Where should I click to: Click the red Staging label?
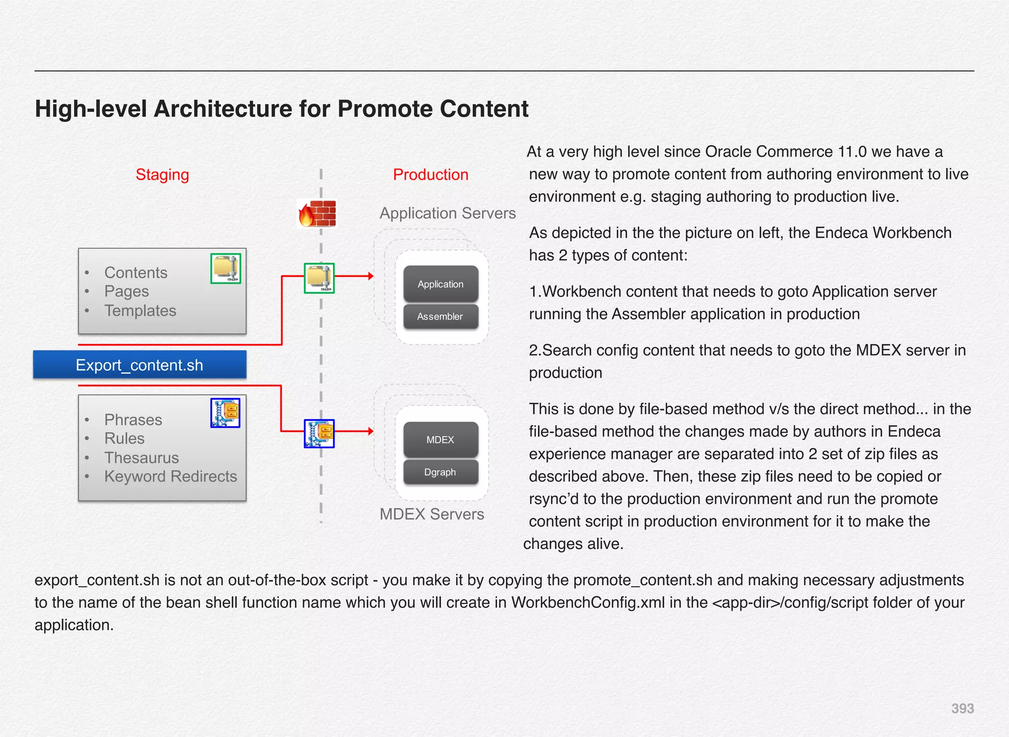162,174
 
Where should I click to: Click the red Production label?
430,174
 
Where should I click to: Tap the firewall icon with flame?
318,214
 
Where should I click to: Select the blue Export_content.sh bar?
139,365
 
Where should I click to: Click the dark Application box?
440,284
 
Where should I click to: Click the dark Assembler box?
440,316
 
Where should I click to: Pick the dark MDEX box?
440,439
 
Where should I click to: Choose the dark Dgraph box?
440,472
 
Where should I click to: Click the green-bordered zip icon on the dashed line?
319,278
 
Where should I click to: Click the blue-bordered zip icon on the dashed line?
319,434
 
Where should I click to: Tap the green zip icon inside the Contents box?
226,268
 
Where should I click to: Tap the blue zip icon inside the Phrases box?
225,413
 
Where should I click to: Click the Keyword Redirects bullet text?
170,476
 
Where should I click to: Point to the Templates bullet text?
140,310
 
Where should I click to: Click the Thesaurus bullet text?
141,458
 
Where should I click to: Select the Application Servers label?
447,213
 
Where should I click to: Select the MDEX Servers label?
432,514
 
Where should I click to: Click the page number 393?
962,708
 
